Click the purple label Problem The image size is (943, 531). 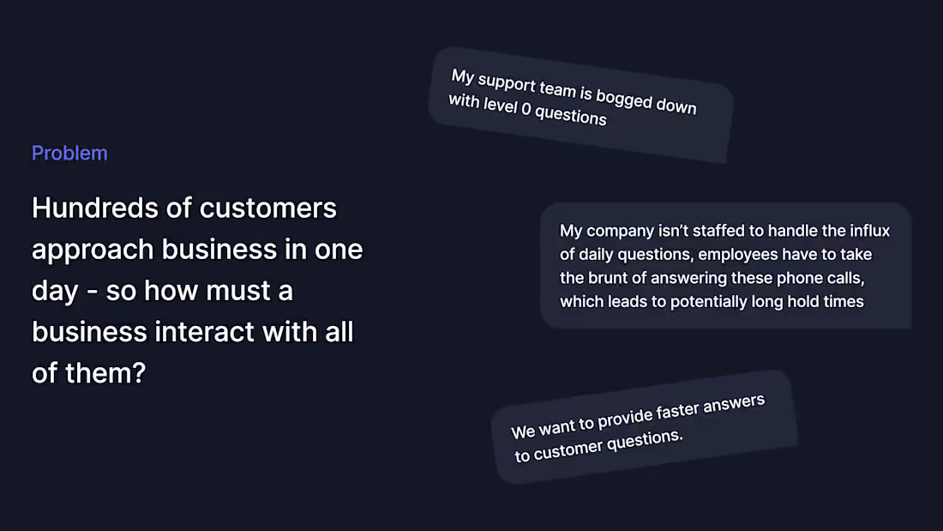(x=69, y=154)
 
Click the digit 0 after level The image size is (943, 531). (x=526, y=111)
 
